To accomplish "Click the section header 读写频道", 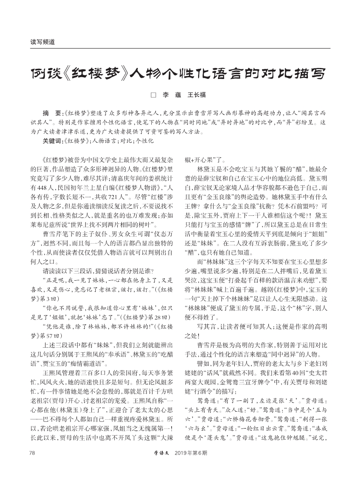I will point(42,42).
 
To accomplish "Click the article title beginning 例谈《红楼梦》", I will point(180,73).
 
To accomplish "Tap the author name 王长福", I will point(197,95).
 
